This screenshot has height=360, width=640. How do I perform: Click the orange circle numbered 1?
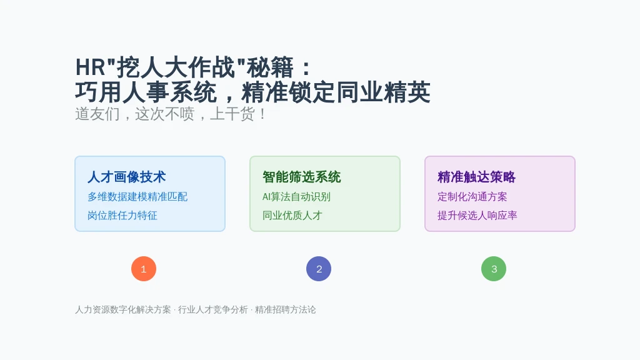(x=144, y=269)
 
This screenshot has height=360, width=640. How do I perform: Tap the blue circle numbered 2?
(x=319, y=269)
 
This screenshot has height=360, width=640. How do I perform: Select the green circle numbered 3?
(x=494, y=269)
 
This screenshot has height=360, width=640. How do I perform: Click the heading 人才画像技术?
(x=126, y=177)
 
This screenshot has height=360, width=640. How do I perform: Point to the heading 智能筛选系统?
(x=302, y=177)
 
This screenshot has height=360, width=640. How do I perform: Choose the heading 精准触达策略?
(x=477, y=177)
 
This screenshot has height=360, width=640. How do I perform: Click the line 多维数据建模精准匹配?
(x=137, y=197)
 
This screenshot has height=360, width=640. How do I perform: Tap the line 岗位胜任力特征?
(x=122, y=216)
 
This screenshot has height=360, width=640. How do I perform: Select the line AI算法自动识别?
(x=296, y=197)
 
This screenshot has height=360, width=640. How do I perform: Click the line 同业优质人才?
(x=292, y=216)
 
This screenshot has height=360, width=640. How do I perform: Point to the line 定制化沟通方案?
(x=472, y=197)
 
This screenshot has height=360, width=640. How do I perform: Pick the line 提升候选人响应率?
(x=477, y=216)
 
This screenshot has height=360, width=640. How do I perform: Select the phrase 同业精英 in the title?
(x=383, y=92)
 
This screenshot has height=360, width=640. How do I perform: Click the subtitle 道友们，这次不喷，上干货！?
(x=171, y=114)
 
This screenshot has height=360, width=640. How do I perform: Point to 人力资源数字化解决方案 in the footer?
(x=123, y=310)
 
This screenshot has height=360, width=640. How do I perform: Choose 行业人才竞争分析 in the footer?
(x=212, y=310)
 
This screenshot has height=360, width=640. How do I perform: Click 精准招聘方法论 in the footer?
(x=285, y=310)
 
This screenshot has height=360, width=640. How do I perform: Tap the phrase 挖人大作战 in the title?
(x=176, y=67)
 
